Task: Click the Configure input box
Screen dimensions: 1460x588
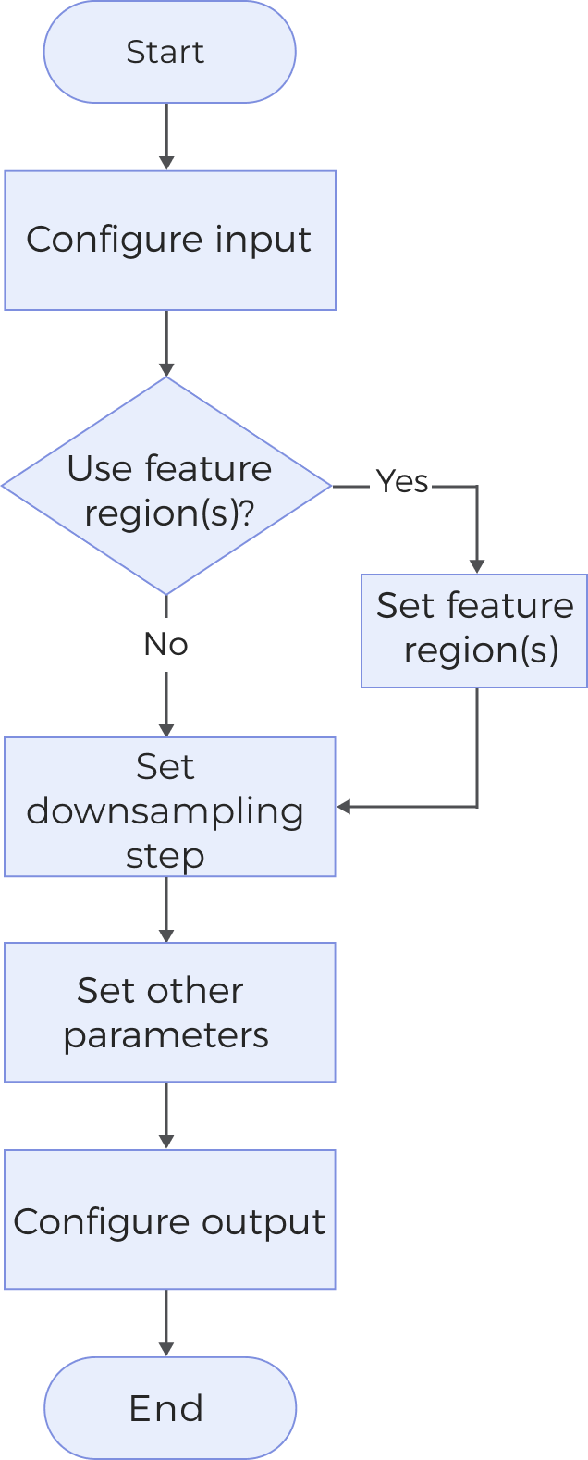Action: coord(169,240)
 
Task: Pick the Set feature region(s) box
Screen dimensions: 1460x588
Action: coord(474,630)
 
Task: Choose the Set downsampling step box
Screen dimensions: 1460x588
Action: coord(169,807)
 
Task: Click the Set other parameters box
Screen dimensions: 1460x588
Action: coord(169,1012)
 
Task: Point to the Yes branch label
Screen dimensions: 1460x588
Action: coord(401,482)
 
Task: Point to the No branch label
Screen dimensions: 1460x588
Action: coord(165,644)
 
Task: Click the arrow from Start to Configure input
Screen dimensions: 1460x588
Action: coord(166,136)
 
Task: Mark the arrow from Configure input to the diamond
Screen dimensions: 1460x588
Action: coord(166,343)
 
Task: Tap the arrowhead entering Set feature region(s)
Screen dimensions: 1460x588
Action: coord(477,565)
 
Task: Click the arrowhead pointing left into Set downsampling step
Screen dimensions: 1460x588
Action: coord(344,807)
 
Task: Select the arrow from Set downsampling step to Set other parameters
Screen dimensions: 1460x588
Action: coord(166,909)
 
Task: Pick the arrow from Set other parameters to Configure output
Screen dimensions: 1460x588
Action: coord(166,1116)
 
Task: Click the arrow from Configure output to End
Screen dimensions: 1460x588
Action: coord(166,1323)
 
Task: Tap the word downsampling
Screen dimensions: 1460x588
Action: coord(165,810)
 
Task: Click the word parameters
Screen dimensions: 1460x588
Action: coord(165,1035)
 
